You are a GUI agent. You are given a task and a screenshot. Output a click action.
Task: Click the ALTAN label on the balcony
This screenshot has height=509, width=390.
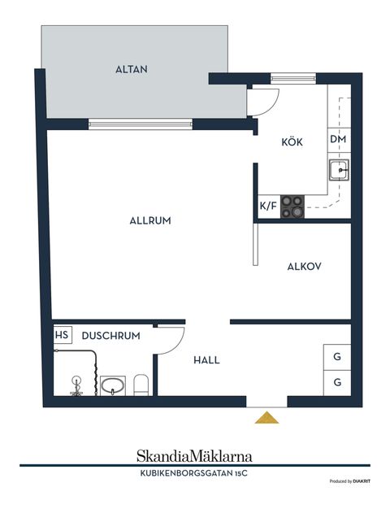(132, 69)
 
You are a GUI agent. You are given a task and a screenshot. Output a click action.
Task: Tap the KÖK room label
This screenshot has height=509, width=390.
(292, 141)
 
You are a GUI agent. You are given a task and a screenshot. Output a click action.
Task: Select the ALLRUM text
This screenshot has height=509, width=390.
(150, 220)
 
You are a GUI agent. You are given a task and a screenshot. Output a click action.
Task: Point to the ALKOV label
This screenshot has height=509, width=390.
(305, 267)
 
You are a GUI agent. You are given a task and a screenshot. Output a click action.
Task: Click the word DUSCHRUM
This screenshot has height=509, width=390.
(111, 336)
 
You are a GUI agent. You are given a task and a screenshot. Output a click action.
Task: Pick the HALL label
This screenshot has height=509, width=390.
(206, 360)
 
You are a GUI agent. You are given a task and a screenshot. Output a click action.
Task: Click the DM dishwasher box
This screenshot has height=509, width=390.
(339, 140)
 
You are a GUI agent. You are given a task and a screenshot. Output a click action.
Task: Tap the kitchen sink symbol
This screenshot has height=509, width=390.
(339, 170)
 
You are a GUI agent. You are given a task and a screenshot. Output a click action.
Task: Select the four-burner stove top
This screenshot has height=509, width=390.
(292, 207)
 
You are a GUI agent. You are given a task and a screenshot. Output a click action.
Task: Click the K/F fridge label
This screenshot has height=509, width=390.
(268, 206)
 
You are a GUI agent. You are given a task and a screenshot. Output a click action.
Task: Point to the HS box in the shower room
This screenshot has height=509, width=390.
(63, 335)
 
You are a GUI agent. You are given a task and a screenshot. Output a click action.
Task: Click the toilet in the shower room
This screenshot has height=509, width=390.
(141, 385)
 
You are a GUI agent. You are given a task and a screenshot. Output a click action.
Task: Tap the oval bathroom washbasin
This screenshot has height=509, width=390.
(112, 386)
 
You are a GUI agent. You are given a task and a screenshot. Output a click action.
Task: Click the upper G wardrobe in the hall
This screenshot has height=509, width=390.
(337, 357)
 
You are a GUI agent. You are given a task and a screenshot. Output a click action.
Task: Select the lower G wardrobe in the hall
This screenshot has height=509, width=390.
(337, 383)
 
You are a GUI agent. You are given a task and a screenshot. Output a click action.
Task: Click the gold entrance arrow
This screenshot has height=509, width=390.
(266, 418)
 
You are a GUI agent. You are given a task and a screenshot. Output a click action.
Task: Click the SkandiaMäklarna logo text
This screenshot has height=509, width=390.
(194, 456)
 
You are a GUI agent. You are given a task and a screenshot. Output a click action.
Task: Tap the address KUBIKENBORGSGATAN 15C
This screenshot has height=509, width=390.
(193, 473)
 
